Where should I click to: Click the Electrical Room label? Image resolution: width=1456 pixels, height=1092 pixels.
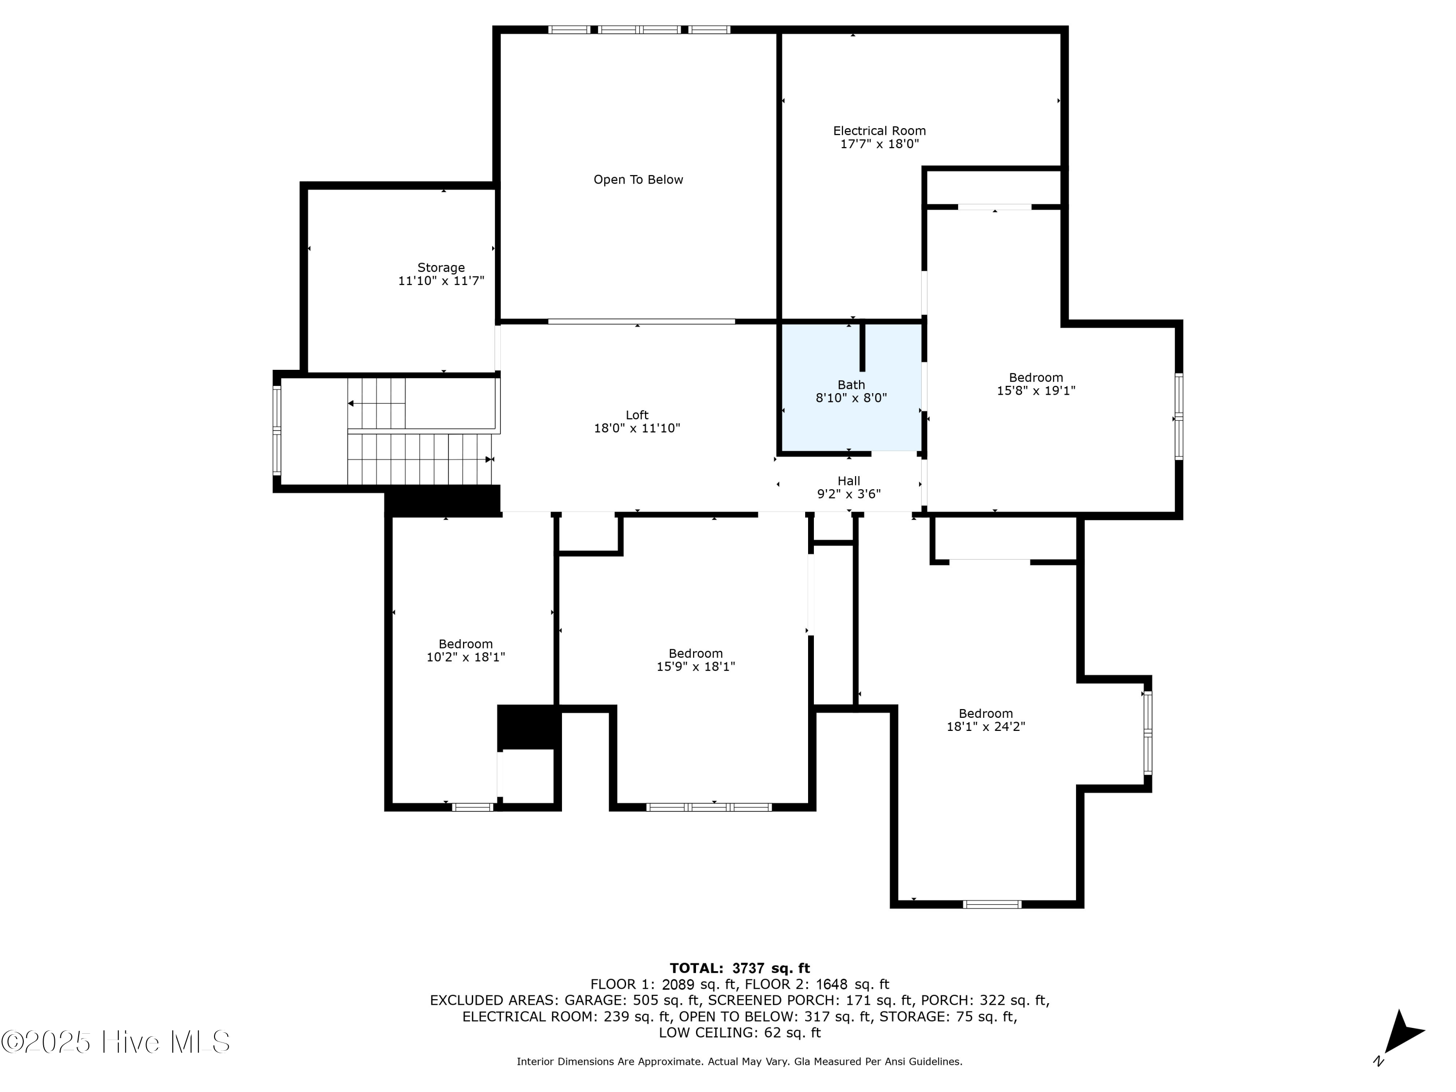tap(879, 131)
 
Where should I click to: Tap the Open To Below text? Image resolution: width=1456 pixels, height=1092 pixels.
tap(638, 180)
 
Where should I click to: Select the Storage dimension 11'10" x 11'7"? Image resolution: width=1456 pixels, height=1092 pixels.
tap(441, 281)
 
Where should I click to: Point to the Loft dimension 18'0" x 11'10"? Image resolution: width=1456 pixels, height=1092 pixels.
tap(636, 429)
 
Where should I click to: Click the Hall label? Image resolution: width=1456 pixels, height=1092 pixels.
tap(848, 481)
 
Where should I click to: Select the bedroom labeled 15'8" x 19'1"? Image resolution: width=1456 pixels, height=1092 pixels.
tap(1035, 384)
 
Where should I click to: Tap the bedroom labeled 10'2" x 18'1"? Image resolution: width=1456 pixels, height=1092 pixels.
tap(465, 650)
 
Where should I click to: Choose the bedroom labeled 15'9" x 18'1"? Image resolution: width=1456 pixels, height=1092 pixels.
tap(695, 660)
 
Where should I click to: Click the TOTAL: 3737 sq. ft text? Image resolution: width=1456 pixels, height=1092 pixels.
tap(739, 968)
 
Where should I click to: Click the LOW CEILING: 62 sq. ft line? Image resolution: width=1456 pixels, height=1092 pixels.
tap(739, 1033)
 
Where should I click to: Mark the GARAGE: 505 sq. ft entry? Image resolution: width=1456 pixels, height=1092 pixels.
tap(632, 1000)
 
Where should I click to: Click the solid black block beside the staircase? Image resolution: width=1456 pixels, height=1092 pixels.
tap(442, 500)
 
